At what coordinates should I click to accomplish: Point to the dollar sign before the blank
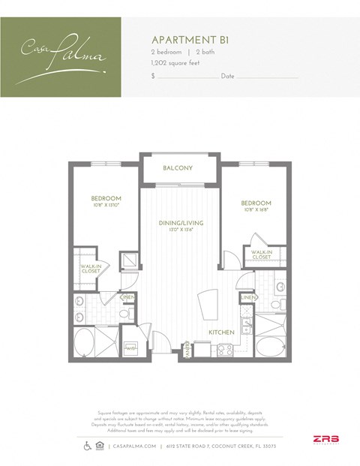(x=153, y=77)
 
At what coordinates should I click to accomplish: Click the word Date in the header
(x=227, y=77)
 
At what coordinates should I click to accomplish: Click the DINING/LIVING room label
(x=181, y=223)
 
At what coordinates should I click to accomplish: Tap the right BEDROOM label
(x=256, y=203)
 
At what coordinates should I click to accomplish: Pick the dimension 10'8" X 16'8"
(x=256, y=211)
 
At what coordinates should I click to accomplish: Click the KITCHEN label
(x=223, y=332)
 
